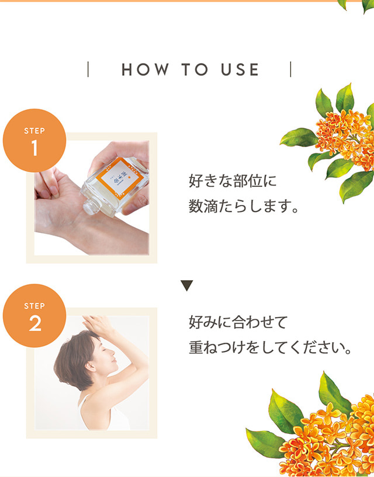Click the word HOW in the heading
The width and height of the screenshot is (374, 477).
pyautogui.click(x=145, y=69)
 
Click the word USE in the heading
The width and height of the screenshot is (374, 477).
pyautogui.click(x=240, y=69)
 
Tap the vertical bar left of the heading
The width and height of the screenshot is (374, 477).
pyautogui.click(x=88, y=69)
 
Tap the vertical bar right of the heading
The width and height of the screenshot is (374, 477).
pyautogui.click(x=290, y=69)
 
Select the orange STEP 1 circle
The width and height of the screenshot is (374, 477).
pyautogui.click(x=34, y=141)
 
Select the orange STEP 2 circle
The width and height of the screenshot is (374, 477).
pyautogui.click(x=34, y=315)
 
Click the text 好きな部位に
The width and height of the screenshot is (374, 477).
pyautogui.click(x=233, y=181)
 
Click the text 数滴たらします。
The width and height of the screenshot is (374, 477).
pyautogui.click(x=243, y=206)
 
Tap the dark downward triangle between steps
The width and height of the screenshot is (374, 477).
pyautogui.click(x=186, y=285)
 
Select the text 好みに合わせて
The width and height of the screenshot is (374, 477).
pyautogui.click(x=238, y=322)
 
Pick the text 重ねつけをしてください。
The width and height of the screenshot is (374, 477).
pyautogui.click(x=271, y=348)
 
